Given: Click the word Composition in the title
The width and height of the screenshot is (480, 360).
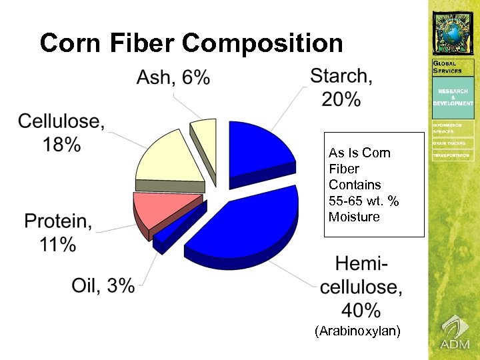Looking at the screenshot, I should [x=262, y=43].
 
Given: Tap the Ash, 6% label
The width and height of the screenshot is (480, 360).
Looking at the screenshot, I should [x=173, y=79].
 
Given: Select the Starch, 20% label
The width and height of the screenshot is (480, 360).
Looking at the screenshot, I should [x=341, y=87].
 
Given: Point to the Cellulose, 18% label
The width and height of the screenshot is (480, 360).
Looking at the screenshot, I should [x=61, y=133].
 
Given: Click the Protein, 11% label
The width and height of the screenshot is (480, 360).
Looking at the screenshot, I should [x=59, y=232].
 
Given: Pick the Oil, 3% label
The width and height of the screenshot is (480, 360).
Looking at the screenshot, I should [x=103, y=285].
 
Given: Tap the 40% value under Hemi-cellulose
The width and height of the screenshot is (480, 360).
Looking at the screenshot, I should [x=361, y=309].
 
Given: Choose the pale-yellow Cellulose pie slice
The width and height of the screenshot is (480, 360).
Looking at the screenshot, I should [x=168, y=159].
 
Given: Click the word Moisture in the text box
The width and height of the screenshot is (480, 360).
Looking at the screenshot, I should [x=354, y=217].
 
